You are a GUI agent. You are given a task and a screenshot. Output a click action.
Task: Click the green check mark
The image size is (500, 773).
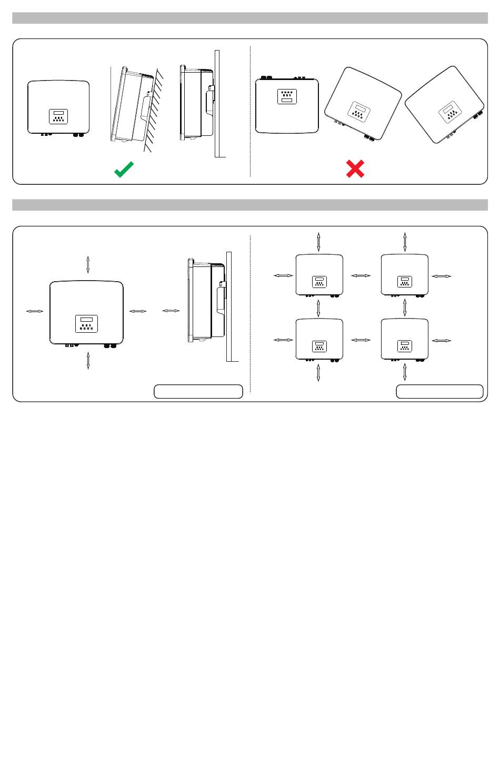coord(124,169)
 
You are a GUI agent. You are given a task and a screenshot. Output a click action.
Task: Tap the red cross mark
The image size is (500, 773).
coord(355,169)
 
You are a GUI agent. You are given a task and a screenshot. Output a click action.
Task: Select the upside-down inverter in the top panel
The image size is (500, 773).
coord(287,105)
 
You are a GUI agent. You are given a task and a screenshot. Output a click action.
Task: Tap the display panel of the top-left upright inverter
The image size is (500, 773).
coord(58,116)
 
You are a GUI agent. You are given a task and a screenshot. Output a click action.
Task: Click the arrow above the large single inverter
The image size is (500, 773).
coord(88,264)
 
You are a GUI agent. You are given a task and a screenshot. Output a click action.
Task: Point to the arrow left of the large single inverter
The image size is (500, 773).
coord(35,312)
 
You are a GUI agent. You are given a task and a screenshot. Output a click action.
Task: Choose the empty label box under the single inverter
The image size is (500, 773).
coord(198,391)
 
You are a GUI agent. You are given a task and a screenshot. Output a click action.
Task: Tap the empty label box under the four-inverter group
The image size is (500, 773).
coord(439,391)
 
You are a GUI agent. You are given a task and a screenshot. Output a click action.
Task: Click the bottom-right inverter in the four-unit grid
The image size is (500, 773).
coord(404,340)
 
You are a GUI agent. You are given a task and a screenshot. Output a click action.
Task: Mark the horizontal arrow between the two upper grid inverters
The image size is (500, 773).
coord(361,275)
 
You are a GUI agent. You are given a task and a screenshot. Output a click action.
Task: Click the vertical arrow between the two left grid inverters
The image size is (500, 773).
coord(318,308)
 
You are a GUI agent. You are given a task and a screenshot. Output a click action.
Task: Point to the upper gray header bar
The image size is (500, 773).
coord(250,18)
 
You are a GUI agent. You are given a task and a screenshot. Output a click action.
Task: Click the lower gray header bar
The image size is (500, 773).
coord(250,205)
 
